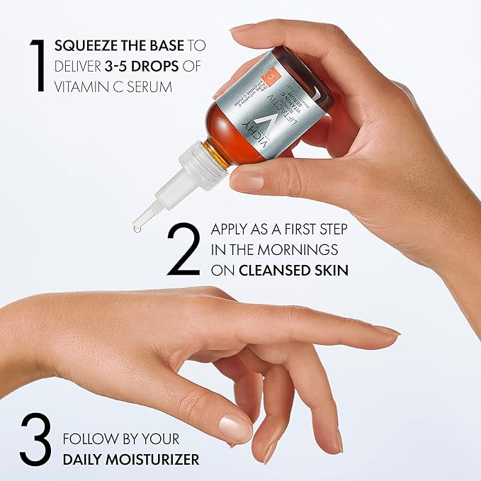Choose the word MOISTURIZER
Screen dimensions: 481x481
(x=157, y=460)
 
